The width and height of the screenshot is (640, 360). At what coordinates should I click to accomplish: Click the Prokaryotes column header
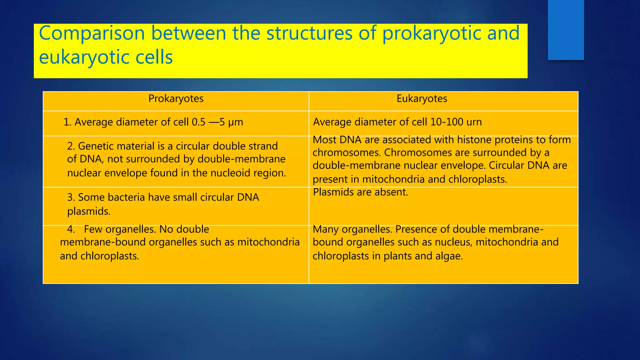tap(176, 99)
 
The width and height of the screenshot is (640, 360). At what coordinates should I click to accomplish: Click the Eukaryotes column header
tap(422, 99)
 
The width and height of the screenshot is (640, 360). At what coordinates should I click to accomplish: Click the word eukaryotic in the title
tap(78, 57)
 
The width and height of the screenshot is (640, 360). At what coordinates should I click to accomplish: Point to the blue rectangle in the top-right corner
tap(566, 30)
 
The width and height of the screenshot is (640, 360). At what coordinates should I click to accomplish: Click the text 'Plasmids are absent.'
tap(360, 192)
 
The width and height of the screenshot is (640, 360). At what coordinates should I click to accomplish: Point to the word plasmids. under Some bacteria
tap(89, 212)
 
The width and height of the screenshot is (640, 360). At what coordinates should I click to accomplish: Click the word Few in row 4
tap(93, 229)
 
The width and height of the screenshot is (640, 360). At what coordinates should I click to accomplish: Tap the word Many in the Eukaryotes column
tap(326, 229)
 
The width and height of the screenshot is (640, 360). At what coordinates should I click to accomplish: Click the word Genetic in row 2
tap(97, 146)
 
